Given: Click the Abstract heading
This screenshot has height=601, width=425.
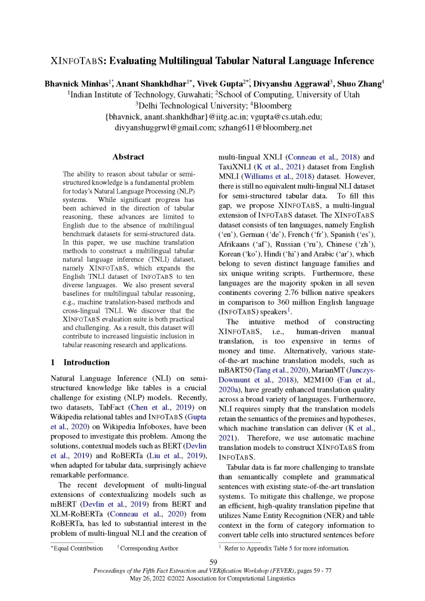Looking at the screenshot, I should coord(128,157).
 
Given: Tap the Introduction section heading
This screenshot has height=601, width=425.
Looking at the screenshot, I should coord(86,362).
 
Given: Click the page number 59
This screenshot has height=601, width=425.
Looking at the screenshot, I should coord(212,562).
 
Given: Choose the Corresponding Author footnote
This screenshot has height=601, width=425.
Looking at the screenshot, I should coord(149,548).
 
